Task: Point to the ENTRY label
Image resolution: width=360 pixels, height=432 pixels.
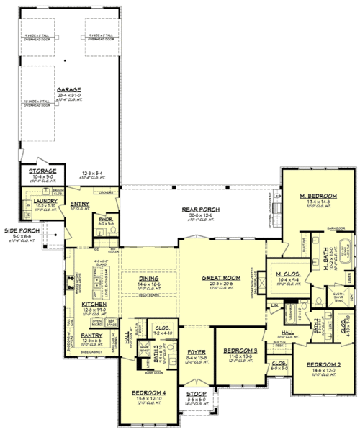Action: coord(79,204)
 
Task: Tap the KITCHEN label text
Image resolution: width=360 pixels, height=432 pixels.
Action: coord(94,304)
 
